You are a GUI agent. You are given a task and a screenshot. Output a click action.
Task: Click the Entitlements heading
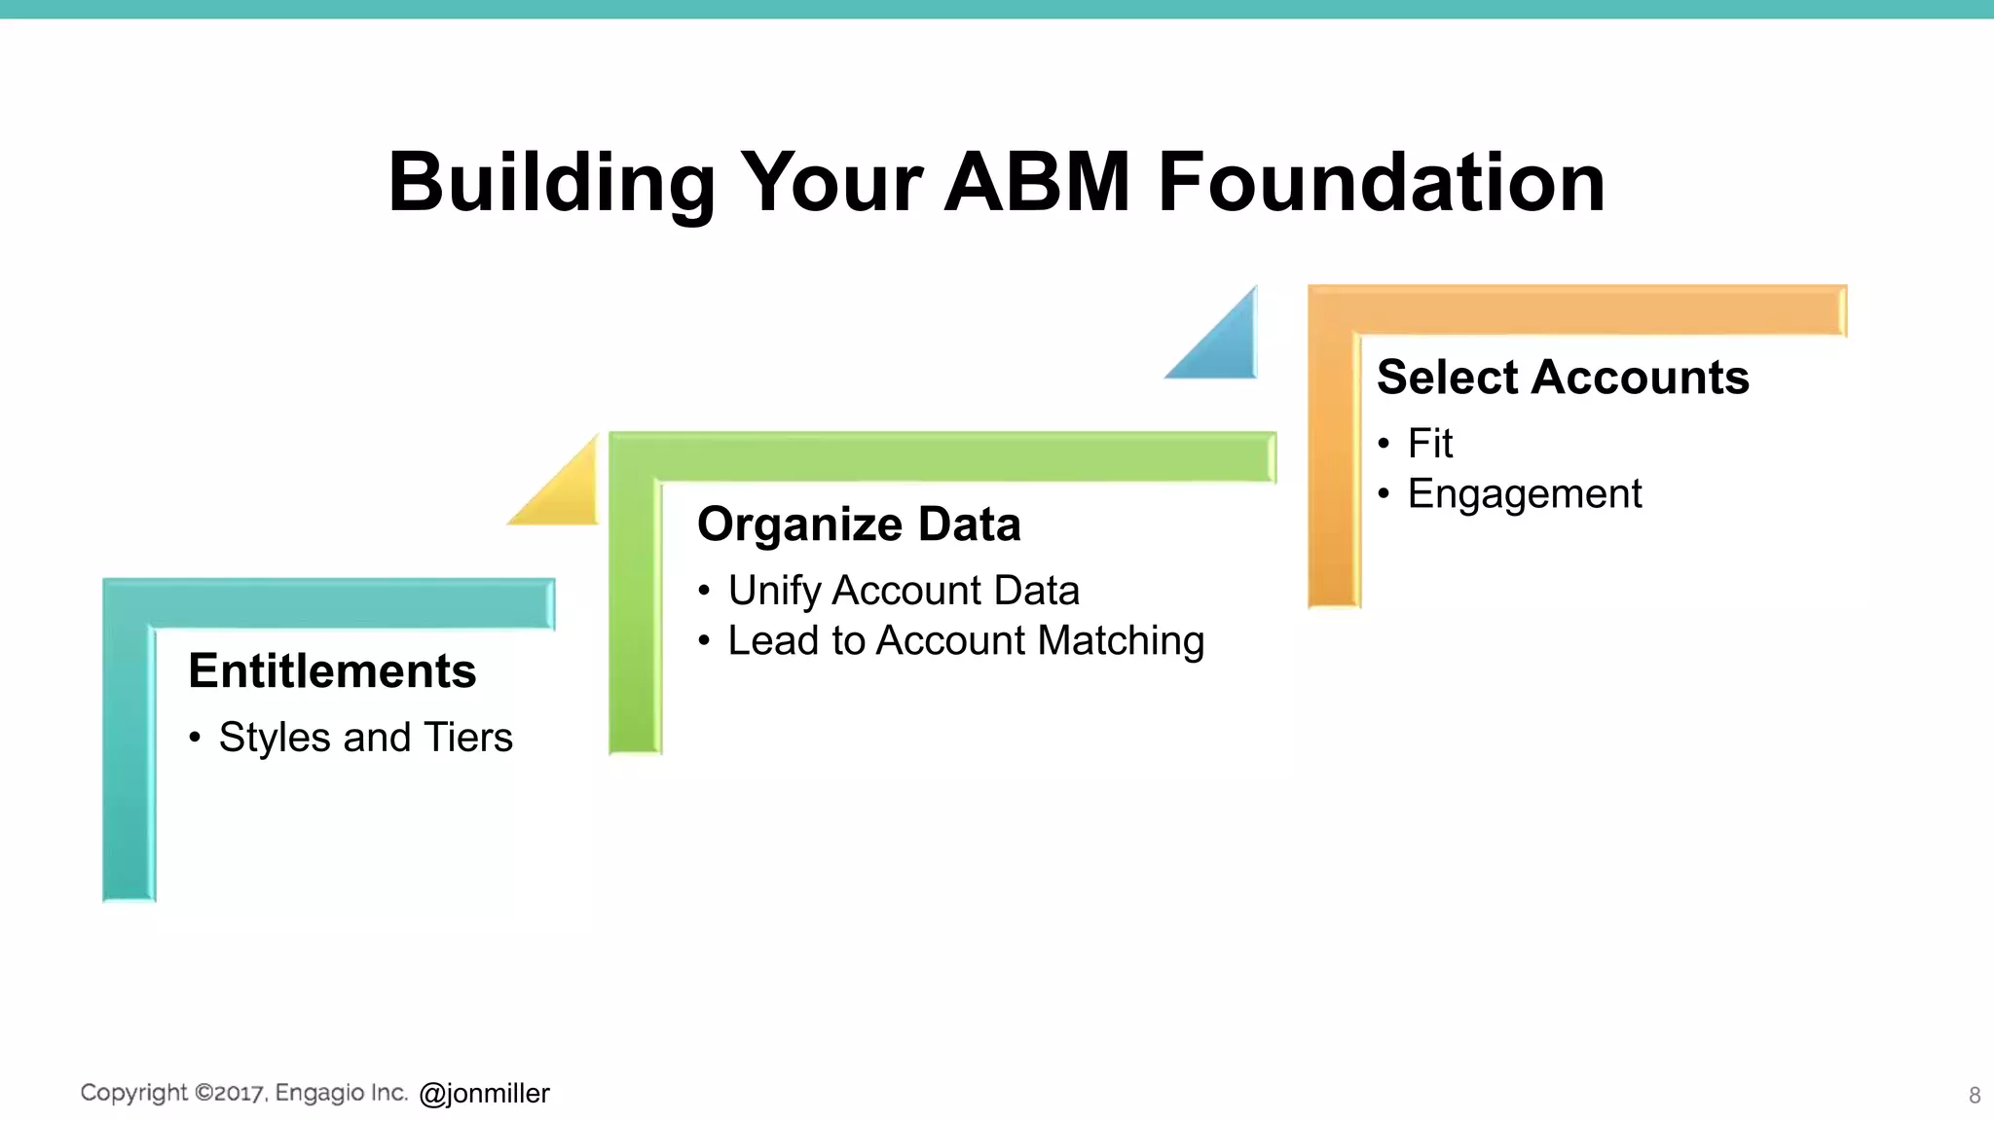point(332,670)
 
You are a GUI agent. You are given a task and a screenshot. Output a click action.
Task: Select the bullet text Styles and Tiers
point(365,738)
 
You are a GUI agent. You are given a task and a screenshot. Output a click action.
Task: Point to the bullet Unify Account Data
point(904,591)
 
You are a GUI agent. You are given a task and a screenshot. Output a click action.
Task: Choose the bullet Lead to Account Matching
point(966,641)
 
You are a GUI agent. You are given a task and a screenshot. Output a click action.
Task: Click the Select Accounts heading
point(1563,377)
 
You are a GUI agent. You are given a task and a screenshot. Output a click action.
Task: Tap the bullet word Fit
point(1429,444)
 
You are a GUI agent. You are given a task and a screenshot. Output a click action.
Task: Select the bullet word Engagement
point(1525,494)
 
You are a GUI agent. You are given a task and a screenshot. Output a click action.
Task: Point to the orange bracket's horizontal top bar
point(1577,309)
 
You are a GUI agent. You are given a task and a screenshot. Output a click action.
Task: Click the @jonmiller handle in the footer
point(484,1094)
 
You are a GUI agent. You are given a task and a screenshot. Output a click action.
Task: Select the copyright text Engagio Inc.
point(341,1093)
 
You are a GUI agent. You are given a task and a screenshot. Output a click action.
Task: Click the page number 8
point(1975,1096)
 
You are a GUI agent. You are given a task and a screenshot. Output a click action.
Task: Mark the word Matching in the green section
point(1121,641)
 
